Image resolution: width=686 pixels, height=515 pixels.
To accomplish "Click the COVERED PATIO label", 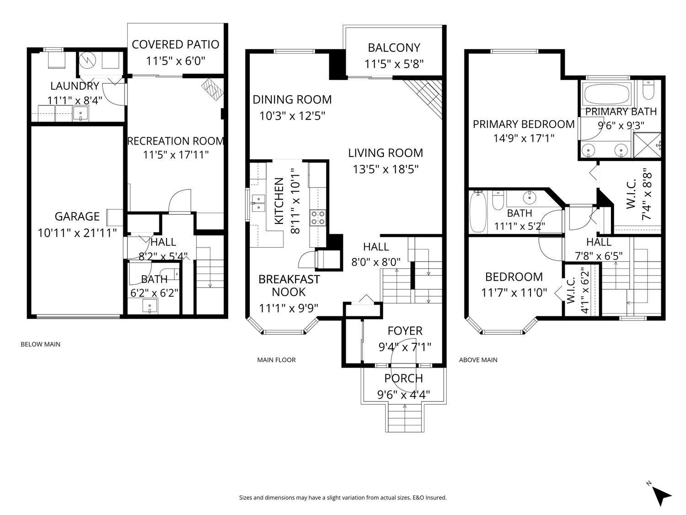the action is (x=175, y=44).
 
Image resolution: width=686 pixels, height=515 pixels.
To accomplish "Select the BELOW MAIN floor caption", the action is (x=40, y=344).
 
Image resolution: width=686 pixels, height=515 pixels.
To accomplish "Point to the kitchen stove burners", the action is (x=318, y=217).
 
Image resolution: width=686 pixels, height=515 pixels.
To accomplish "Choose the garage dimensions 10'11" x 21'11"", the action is (x=77, y=233).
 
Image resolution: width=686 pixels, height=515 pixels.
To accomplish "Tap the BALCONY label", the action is (x=394, y=48).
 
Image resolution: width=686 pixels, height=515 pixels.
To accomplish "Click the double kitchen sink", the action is (x=258, y=203).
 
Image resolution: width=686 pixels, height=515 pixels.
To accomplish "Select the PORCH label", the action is (x=403, y=379).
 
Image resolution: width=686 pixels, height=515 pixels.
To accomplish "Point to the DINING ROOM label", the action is (x=292, y=99).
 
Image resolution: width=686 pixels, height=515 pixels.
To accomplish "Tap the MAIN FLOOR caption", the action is (x=276, y=360).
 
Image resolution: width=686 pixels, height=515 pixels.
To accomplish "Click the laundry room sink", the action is (x=81, y=113).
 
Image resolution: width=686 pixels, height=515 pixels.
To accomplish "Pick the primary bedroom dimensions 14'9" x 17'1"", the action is (x=524, y=138).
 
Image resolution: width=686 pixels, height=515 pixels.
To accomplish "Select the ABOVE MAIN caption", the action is (x=478, y=360).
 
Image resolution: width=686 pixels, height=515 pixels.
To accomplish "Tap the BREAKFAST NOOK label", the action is (x=289, y=286).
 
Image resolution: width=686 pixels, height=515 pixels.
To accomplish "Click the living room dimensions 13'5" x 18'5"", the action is (x=386, y=169).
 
